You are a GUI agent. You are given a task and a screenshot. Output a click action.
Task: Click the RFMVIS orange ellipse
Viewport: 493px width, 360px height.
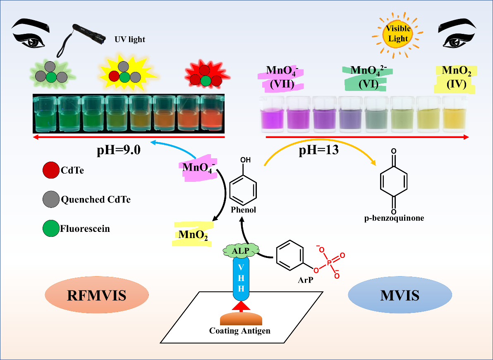pos(96,295)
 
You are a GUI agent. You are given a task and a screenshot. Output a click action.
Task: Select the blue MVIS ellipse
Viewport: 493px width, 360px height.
pos(400,296)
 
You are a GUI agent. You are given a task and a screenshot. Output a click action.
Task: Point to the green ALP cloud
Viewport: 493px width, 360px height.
pos(241,250)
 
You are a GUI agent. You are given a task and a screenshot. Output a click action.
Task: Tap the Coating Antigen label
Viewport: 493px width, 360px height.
pos(240,331)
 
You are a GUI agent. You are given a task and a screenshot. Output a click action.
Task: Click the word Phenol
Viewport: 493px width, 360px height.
pos(244,210)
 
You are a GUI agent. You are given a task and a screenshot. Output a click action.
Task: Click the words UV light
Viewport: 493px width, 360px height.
pos(130,40)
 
